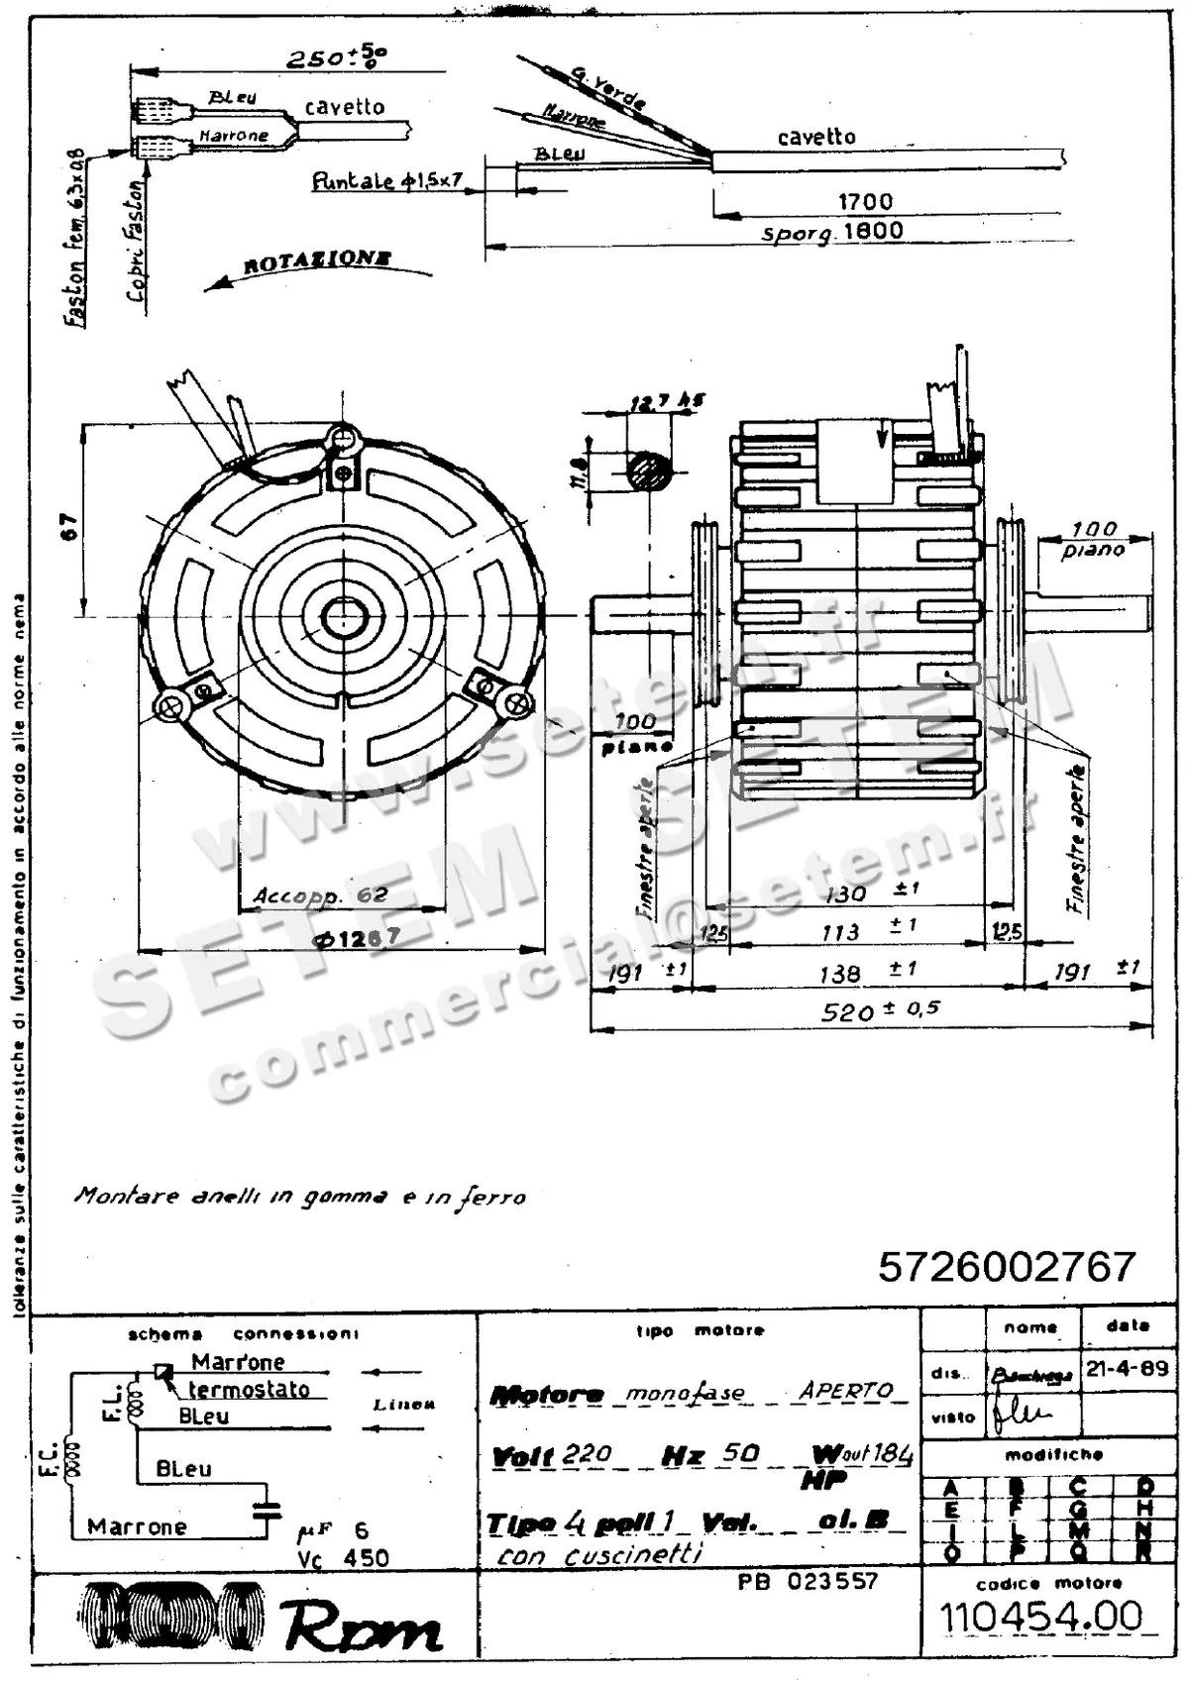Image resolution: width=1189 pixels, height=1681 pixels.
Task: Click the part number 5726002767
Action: [1006, 1267]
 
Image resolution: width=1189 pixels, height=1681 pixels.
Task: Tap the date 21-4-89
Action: [1127, 1370]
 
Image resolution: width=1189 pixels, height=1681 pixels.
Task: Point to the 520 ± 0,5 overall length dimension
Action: [880, 1010]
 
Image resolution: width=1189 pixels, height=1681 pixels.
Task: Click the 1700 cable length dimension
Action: [865, 202]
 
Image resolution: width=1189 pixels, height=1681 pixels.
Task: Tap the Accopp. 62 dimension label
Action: [320, 895]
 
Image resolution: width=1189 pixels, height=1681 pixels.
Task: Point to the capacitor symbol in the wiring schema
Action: [267, 1511]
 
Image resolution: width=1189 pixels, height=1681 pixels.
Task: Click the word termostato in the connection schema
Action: [249, 1390]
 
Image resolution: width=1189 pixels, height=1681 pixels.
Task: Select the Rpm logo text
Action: [362, 1626]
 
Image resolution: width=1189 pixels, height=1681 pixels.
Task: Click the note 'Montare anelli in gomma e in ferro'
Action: [299, 1197]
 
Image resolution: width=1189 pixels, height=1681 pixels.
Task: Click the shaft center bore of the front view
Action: [345, 616]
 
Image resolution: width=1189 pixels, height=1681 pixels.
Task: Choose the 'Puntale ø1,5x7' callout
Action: [386, 181]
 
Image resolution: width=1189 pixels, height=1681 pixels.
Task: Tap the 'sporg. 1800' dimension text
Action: [832, 233]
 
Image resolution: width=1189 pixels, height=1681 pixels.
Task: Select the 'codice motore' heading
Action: [1048, 1583]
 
